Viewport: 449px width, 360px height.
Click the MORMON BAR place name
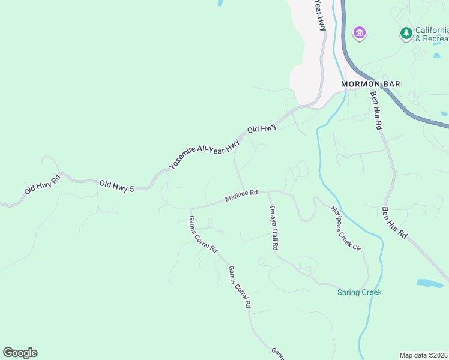pyautogui.click(x=370, y=84)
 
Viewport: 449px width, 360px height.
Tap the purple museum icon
pyautogui.click(x=360, y=32)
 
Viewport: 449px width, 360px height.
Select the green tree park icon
pyautogui.click(x=406, y=33)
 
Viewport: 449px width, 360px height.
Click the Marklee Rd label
pyautogui.click(x=241, y=196)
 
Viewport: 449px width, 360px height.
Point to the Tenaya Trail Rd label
pyautogui.click(x=274, y=227)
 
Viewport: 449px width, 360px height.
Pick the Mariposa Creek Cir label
pyautogui.click(x=345, y=229)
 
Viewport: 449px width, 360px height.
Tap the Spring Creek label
pyautogui.click(x=359, y=292)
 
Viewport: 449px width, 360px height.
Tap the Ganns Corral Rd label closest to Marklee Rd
pyautogui.click(x=203, y=234)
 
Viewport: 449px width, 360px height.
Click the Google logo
pyautogui.click(x=20, y=353)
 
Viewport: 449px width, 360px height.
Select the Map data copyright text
pyautogui.click(x=424, y=355)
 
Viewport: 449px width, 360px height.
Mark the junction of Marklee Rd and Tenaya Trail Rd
pyautogui.click(x=268, y=192)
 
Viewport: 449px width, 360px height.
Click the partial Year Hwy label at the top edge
pyautogui.click(x=321, y=14)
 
